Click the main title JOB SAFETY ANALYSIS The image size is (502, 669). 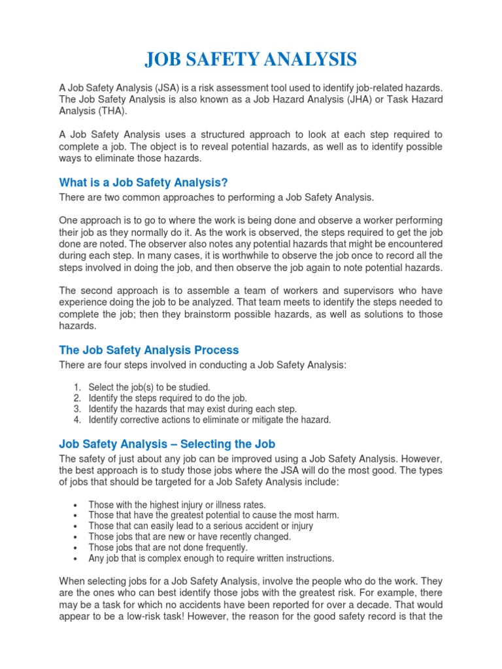pos(251,60)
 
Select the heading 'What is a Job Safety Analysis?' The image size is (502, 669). pos(143,182)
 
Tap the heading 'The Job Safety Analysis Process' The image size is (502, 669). pos(149,350)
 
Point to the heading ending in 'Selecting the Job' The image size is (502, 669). pos(167,444)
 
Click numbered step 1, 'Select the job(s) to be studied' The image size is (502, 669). pos(149,387)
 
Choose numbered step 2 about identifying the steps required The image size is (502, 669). pos(167,398)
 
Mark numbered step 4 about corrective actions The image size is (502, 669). pos(209,420)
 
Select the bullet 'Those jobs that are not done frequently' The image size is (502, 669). pos(168,547)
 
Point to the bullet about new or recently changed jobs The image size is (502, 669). pos(190,537)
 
